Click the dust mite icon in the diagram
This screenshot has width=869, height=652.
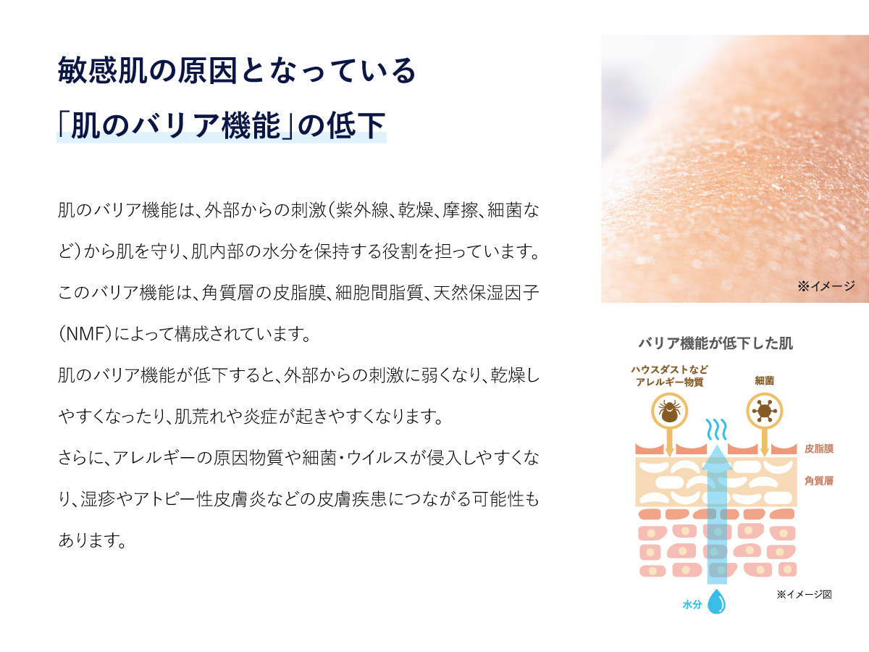(x=670, y=412)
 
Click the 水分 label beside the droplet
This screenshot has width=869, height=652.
(x=692, y=603)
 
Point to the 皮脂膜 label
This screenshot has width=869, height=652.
(x=818, y=449)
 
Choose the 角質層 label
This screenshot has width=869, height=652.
(x=818, y=480)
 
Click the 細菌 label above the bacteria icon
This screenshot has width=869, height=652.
(x=764, y=379)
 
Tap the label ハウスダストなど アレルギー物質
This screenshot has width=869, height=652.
(x=668, y=376)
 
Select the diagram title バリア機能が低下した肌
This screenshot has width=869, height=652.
(x=715, y=343)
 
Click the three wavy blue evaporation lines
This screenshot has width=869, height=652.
(x=716, y=430)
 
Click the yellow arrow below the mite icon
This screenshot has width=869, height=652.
(x=670, y=442)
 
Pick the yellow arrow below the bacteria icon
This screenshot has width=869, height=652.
(x=763, y=442)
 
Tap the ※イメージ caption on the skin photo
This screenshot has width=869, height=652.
(x=826, y=287)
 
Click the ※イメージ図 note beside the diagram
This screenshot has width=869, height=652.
(x=804, y=595)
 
